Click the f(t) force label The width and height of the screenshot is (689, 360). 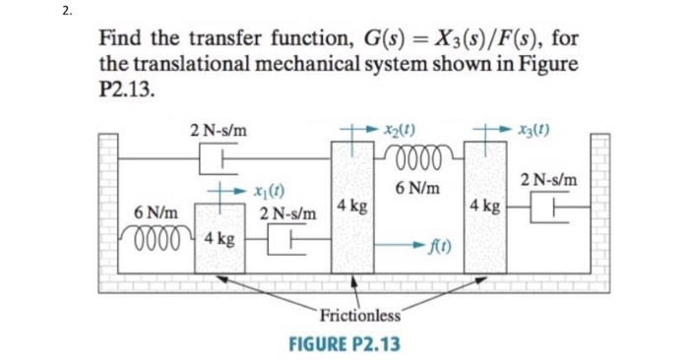tap(452, 245)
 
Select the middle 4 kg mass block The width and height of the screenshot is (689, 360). tap(350, 206)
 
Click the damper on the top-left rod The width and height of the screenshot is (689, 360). tap(216, 155)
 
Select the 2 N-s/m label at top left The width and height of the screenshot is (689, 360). tap(219, 128)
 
